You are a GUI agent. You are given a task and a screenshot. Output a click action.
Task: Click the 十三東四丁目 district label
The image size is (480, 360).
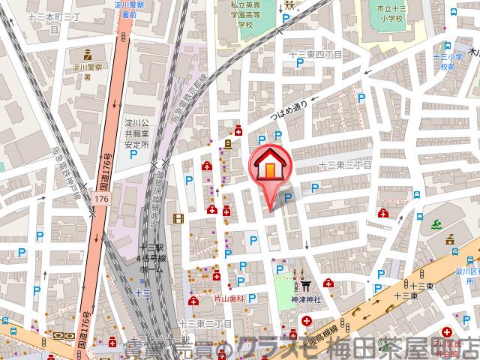click(x=317, y=55)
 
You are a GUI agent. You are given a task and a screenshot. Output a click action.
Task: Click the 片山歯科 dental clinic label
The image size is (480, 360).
click(x=231, y=298)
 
